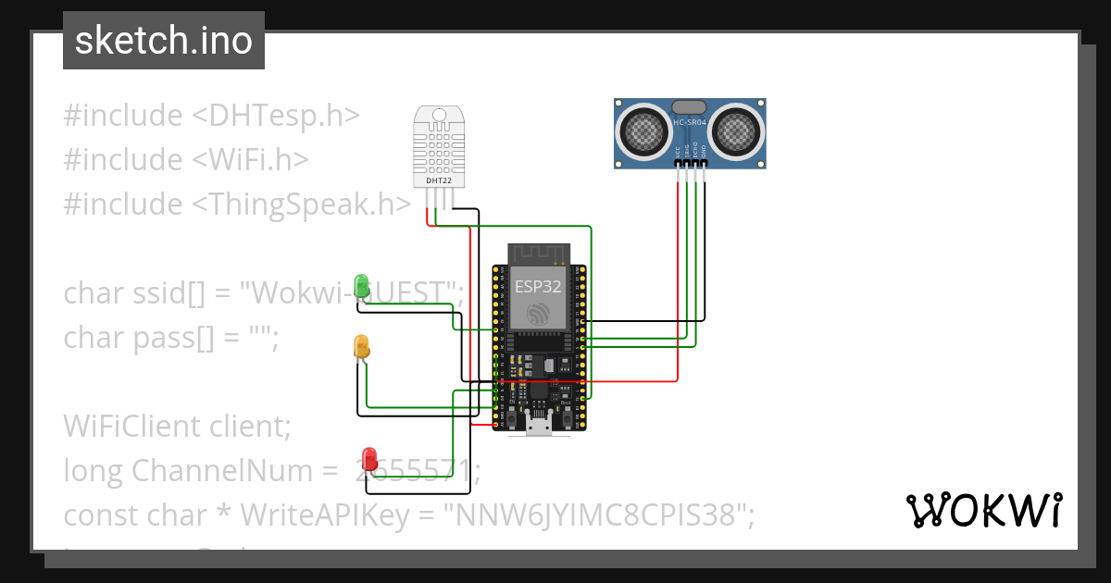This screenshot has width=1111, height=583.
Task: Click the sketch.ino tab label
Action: pos(163,41)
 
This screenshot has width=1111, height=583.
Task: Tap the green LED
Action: pos(362,286)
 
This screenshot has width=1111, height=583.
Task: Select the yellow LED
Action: pos(361,346)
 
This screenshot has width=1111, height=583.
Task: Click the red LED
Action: pos(369,458)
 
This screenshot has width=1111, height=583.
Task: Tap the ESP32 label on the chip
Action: pos(538,286)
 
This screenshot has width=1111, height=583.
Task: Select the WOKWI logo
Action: pos(983,510)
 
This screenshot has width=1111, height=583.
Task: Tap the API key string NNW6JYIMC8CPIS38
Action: pos(598,515)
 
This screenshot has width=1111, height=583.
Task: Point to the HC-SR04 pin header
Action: pos(691,163)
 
